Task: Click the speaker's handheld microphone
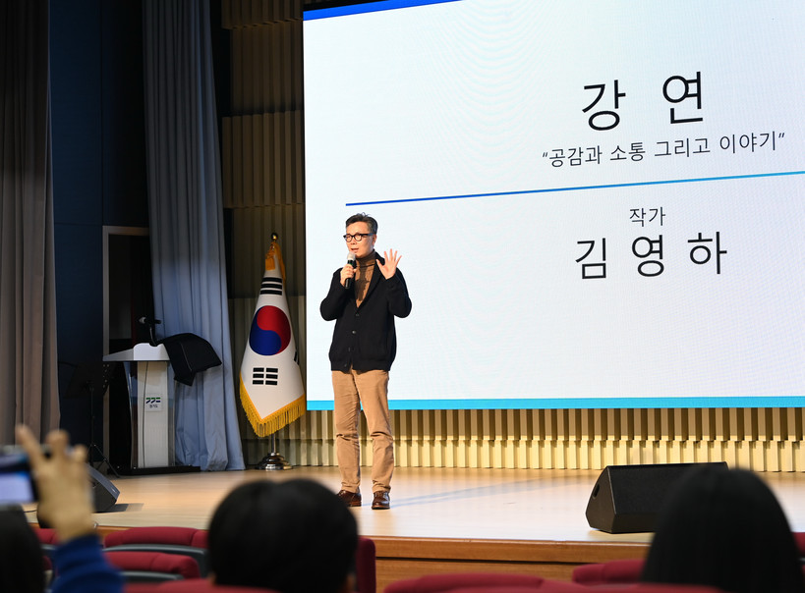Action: [349, 269]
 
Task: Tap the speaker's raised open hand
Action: [388, 264]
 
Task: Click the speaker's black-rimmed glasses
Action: [359, 237]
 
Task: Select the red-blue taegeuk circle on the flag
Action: [270, 330]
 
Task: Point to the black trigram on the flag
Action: [265, 376]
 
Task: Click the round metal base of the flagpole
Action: [273, 462]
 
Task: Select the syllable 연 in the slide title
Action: [683, 98]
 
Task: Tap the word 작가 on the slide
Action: [647, 217]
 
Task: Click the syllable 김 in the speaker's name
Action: [591, 259]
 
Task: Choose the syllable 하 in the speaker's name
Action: [708, 253]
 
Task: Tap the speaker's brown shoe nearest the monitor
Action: [381, 500]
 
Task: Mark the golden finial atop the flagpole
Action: [274, 238]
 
